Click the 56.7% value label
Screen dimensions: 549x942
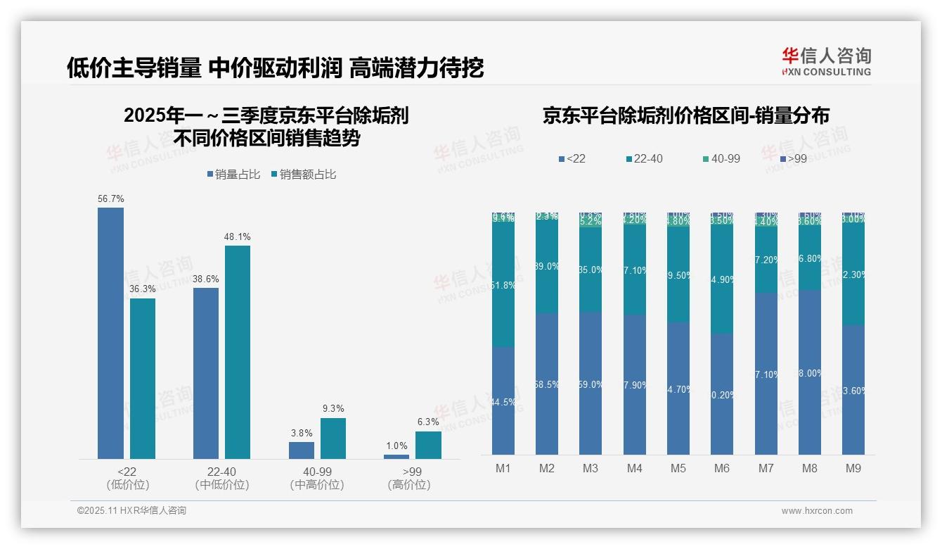(x=111, y=199)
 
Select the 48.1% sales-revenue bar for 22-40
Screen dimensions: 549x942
(x=238, y=352)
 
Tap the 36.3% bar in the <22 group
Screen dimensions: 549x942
(x=143, y=379)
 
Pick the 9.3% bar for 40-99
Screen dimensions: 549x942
(x=333, y=438)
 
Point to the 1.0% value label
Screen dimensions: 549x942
(x=396, y=446)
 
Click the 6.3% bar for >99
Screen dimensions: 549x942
(x=428, y=445)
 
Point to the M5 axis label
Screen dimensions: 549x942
(x=678, y=468)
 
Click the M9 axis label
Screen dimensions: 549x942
(x=853, y=468)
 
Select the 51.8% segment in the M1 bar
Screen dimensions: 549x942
(x=503, y=285)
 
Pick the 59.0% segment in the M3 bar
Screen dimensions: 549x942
(x=591, y=384)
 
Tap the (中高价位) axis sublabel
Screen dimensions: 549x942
(x=317, y=485)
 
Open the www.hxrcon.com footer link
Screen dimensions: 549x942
(x=817, y=511)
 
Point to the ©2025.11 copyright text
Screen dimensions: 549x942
(x=131, y=511)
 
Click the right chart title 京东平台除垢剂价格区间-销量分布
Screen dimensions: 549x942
(x=685, y=115)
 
